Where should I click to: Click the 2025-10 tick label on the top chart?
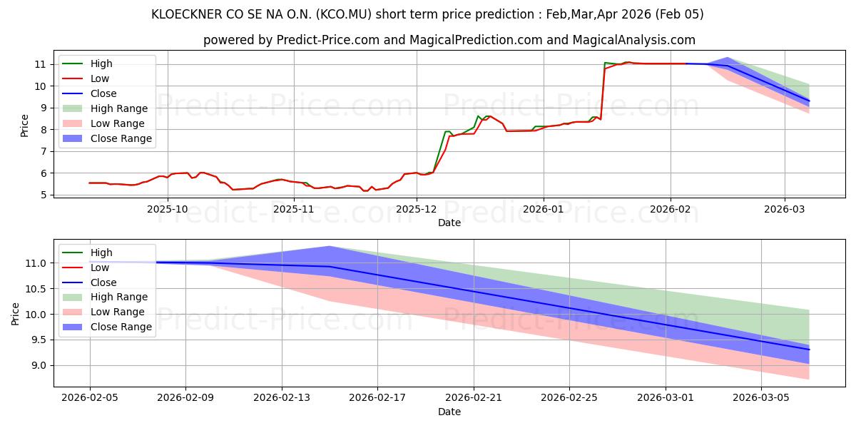(x=168, y=209)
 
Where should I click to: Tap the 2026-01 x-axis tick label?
(x=543, y=209)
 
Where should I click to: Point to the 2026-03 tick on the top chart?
(x=785, y=209)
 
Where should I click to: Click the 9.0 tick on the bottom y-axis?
(x=39, y=365)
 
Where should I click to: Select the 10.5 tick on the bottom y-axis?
(x=36, y=289)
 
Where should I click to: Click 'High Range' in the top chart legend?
(x=119, y=108)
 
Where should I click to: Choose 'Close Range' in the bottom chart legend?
(x=121, y=327)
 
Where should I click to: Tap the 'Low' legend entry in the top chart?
(x=100, y=78)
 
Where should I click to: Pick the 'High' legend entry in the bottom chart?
(x=101, y=253)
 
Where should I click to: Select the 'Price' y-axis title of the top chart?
(x=25, y=126)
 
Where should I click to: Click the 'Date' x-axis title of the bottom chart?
(x=449, y=412)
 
